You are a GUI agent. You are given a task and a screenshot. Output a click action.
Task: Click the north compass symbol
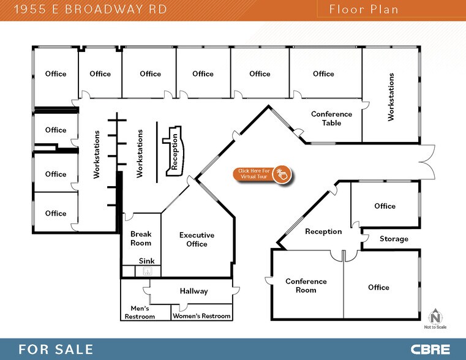[435, 317]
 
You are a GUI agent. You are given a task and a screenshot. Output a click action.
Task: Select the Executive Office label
[197, 239]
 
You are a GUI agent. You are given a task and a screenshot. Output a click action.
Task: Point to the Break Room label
[141, 238]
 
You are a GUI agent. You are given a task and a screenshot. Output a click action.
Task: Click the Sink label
[146, 261]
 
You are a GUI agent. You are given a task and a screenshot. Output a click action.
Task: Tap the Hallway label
[194, 291]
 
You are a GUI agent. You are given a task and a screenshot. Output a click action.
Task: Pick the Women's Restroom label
[201, 316]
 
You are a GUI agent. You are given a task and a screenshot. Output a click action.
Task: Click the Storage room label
[394, 239]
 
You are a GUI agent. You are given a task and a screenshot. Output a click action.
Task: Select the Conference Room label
[306, 285]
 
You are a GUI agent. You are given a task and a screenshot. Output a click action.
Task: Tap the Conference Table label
[331, 118]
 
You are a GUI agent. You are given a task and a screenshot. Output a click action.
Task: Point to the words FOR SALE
[56, 350]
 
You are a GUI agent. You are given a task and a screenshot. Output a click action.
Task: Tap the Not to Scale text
[435, 328]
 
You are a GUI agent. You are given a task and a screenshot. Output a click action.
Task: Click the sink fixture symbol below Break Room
[146, 271]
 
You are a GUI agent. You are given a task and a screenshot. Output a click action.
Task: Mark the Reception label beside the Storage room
[323, 231]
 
